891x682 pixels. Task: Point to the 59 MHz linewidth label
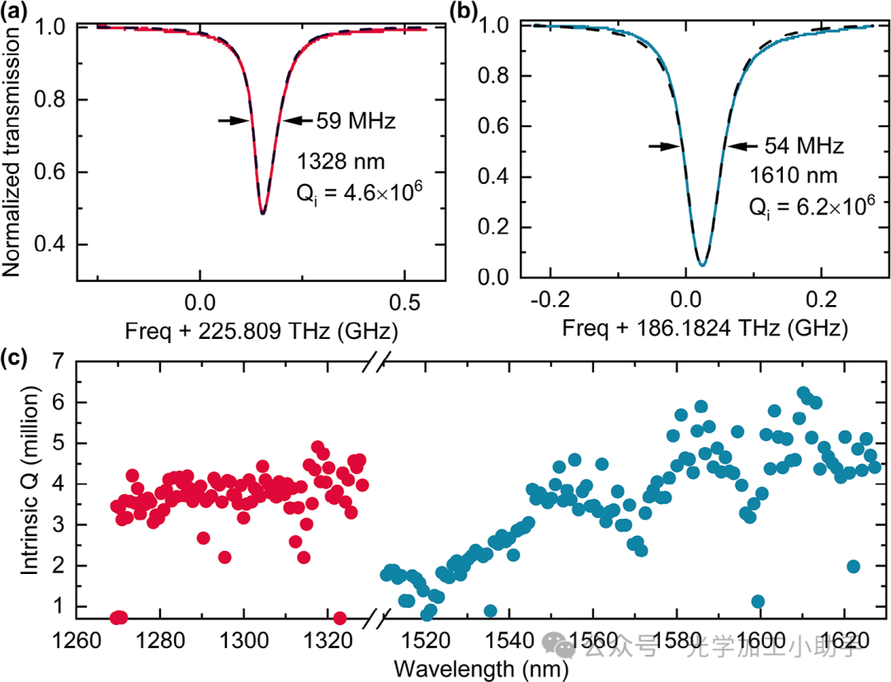click(356, 121)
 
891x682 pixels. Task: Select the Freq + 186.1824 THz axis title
click(705, 331)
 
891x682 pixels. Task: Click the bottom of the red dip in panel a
click(262, 214)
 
